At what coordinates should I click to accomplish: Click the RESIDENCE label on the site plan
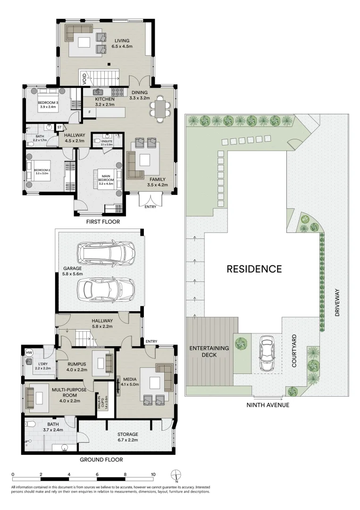(x=254, y=269)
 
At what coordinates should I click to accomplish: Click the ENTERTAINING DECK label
(x=209, y=351)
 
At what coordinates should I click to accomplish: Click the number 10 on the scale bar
(x=153, y=474)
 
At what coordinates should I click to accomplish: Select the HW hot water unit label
(x=29, y=353)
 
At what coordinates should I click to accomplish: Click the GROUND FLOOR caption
(x=101, y=459)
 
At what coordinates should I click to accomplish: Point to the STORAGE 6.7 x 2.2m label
(x=128, y=437)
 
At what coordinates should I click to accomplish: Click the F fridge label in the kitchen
(x=89, y=112)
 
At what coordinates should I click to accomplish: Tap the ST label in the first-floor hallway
(x=59, y=127)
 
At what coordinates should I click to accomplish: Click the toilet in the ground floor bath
(x=29, y=424)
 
